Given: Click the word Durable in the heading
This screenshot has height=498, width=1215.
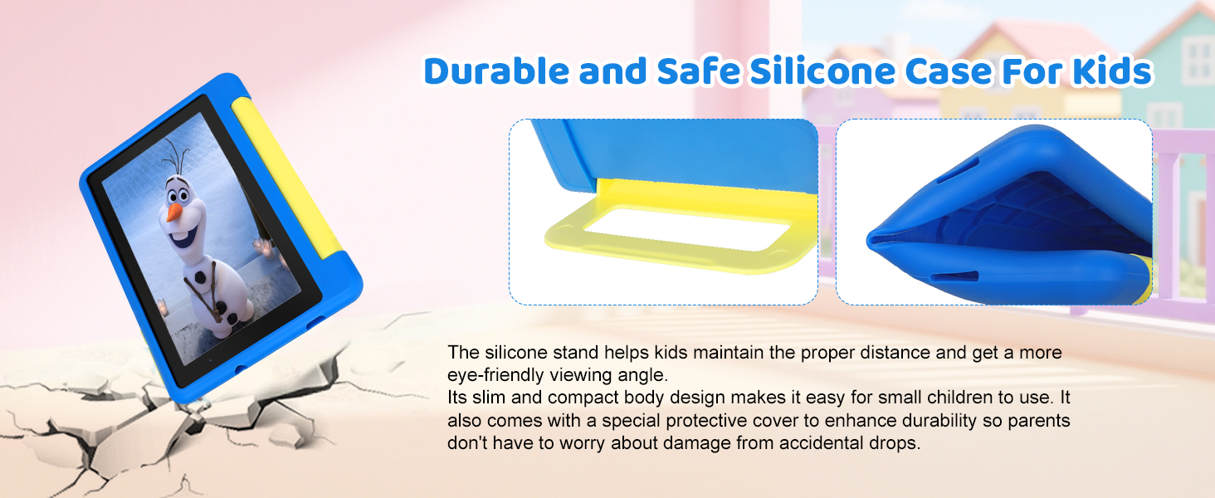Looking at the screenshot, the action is coord(496,71).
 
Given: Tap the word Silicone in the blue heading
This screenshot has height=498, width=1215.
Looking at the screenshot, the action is coord(822,71).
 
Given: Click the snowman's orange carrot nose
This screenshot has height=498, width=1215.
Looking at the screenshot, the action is coord(174,212).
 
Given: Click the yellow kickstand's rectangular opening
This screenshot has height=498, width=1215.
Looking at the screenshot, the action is coord(686,229).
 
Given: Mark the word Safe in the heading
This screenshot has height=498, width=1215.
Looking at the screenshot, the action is coord(699,71).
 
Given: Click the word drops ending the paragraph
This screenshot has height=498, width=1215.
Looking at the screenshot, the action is coord(895,444).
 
